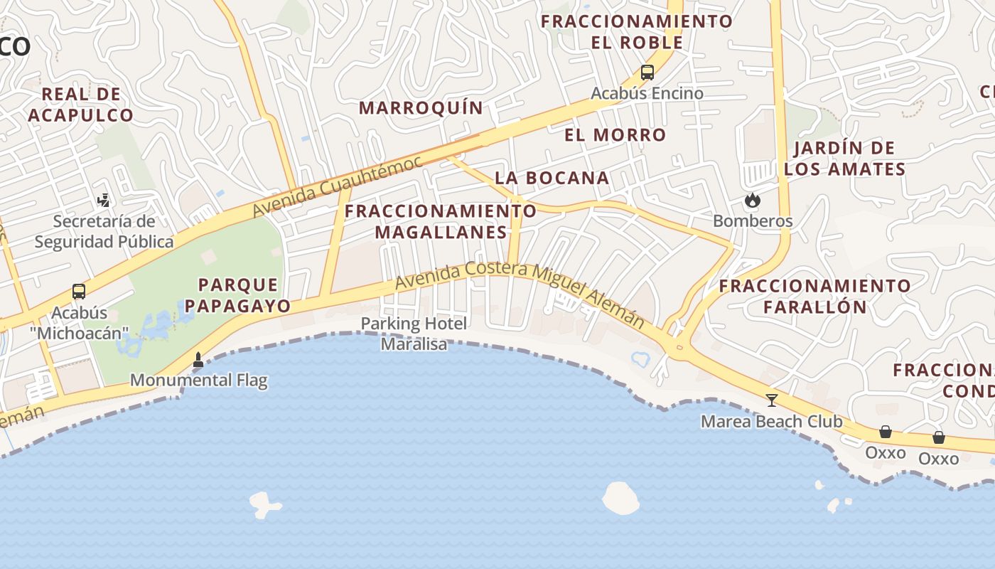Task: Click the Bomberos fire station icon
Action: tap(752, 201)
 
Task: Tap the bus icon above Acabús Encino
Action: tap(647, 72)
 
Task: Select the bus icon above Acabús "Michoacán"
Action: tap(79, 292)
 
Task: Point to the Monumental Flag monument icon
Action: tap(198, 361)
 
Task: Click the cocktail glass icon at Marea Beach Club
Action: tap(771, 400)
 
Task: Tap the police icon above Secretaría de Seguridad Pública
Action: tap(104, 201)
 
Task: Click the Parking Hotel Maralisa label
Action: tap(414, 334)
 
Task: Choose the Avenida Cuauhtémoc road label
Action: tap(337, 186)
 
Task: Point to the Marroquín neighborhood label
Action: tap(421, 108)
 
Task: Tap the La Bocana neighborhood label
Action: tap(552, 178)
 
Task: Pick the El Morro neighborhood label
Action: tap(615, 135)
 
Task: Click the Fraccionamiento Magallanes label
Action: tap(441, 221)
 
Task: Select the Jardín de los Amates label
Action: tap(844, 159)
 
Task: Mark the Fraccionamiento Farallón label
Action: tap(814, 296)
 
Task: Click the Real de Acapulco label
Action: tap(81, 105)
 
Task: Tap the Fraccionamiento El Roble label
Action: tap(637, 31)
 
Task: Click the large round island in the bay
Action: tap(620, 498)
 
